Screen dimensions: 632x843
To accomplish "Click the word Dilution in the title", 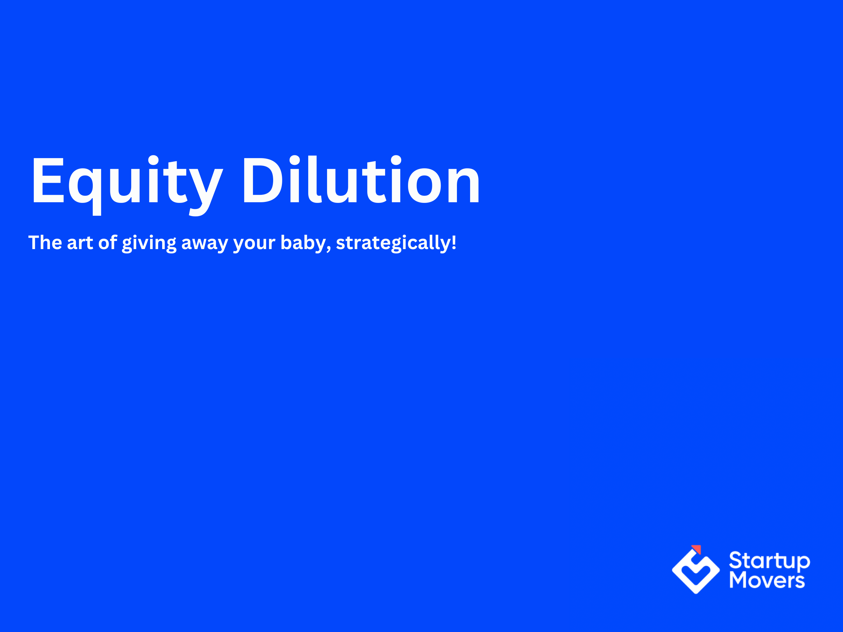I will [x=361, y=180].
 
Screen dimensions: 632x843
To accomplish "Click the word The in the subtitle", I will [x=45, y=243].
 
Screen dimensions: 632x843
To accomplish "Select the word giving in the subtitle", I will [x=149, y=244].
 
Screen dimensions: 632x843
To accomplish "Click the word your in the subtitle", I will [x=254, y=244].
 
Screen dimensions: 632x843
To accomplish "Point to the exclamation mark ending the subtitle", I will [x=454, y=242].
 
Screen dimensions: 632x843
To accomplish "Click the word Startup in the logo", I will [x=769, y=561].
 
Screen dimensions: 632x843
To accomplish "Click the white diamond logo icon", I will [x=696, y=571].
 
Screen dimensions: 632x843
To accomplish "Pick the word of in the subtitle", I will [x=108, y=242].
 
